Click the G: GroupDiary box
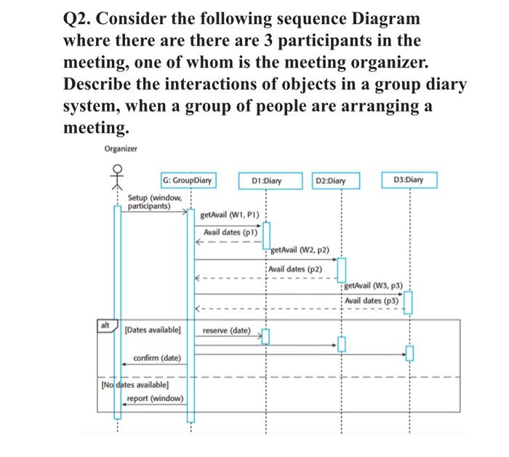[188, 180]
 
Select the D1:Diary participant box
[266, 180]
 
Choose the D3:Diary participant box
[409, 179]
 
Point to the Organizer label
[120, 149]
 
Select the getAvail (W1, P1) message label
[229, 216]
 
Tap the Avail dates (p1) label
[231, 232]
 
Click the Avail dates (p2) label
[296, 269]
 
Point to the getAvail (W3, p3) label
[373, 287]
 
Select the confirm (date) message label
[156, 358]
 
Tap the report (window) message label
[154, 398]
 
